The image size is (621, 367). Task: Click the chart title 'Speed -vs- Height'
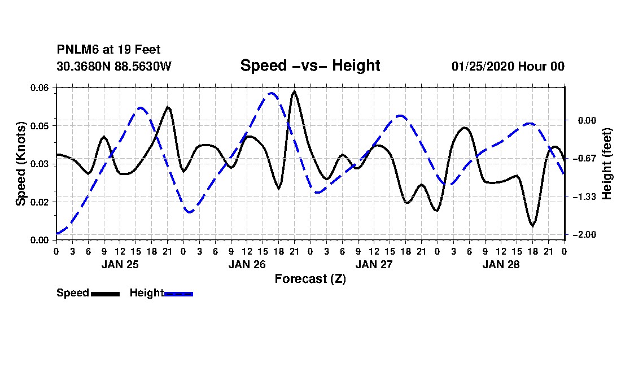tap(310, 65)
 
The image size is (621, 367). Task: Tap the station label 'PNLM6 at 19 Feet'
tap(108, 50)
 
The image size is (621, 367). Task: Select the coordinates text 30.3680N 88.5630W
tap(114, 66)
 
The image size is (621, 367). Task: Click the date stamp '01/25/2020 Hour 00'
tap(508, 66)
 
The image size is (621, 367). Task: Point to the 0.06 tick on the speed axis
tap(39, 88)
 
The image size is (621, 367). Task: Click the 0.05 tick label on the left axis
tap(39, 126)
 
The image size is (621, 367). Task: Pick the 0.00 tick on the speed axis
tap(39, 241)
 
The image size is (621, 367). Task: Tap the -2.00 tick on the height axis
tap(584, 235)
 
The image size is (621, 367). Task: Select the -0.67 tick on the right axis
tap(584, 159)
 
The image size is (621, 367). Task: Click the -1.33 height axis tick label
tap(584, 196)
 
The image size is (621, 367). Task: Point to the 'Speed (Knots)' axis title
tap(20, 164)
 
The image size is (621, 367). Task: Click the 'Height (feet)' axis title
tap(606, 164)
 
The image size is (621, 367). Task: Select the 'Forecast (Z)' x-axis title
tap(310, 279)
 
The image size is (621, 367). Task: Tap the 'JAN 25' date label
tap(120, 264)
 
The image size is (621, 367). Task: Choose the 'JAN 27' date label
tap(374, 264)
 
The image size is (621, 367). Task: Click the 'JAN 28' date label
tap(501, 264)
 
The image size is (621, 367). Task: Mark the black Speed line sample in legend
tap(106, 294)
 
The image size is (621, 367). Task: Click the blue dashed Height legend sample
tap(178, 294)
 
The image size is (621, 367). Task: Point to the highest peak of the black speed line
tap(294, 91)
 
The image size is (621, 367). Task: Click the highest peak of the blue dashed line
tap(272, 93)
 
